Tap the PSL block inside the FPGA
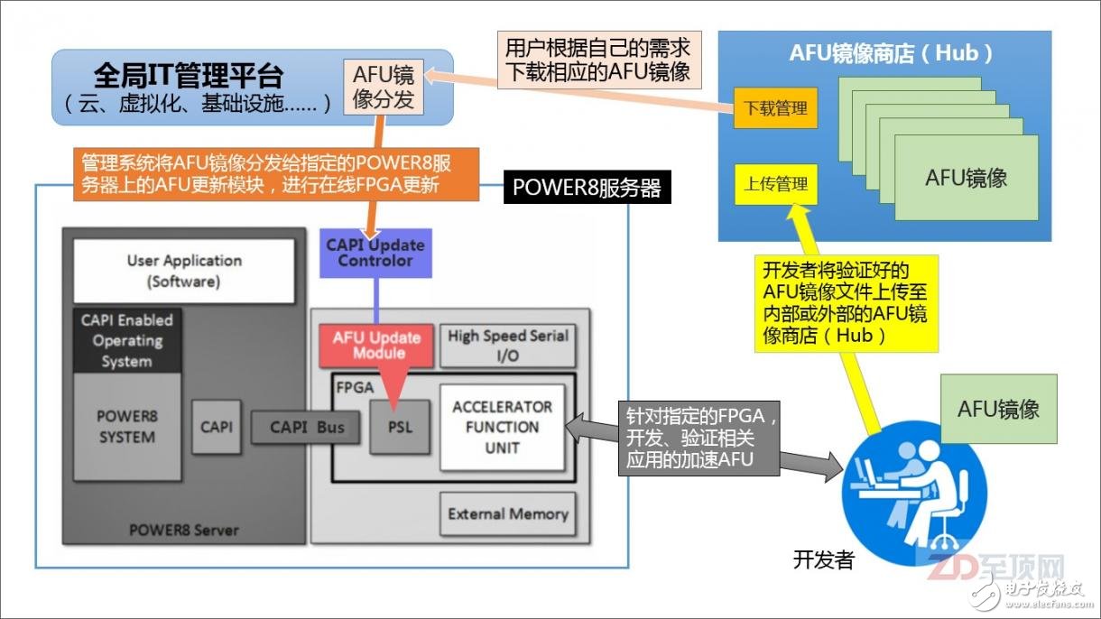pyautogui.click(x=399, y=427)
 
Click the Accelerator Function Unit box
pyautogui.click(x=502, y=427)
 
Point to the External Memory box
pyautogui.click(x=508, y=514)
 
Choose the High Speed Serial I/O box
pyautogui.click(x=508, y=346)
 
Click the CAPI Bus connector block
pyautogui.click(x=308, y=427)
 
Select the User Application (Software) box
pyautogui.click(x=184, y=270)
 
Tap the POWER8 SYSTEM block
pyautogui.click(x=126, y=427)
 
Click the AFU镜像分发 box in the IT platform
pyautogui.click(x=384, y=87)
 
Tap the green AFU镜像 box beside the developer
pyautogui.click(x=998, y=409)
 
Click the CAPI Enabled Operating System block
pyautogui.click(x=126, y=340)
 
